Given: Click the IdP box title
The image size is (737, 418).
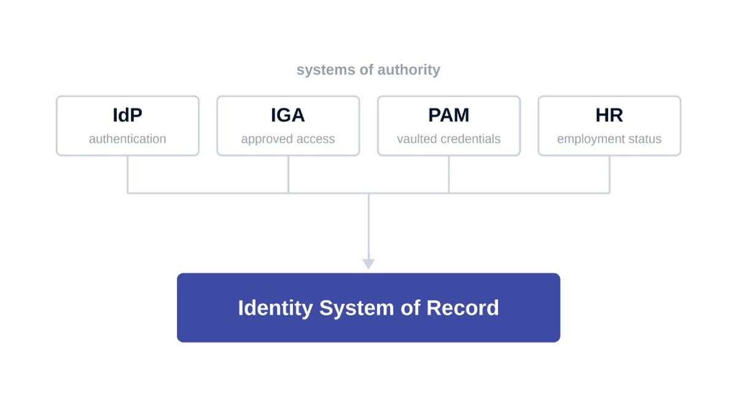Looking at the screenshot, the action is tap(127, 115).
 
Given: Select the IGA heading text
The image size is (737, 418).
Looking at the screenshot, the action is tap(288, 115).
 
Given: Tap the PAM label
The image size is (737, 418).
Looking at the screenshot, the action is tap(449, 115).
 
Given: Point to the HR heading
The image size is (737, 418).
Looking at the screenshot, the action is tap(609, 115).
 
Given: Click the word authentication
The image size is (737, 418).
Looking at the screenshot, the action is tap(127, 139).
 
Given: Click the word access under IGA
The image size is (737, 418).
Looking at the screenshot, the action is tap(316, 140).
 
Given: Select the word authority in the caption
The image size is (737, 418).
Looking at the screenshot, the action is tap(408, 70).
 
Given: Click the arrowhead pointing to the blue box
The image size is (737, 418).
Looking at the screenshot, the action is tap(368, 264).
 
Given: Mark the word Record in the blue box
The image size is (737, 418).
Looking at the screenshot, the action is tap(462, 308).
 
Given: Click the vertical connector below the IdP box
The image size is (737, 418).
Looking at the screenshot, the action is tap(128, 174).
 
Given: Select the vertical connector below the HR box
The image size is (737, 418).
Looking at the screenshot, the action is tap(609, 174).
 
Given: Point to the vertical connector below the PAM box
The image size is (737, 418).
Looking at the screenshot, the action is tap(449, 174).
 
